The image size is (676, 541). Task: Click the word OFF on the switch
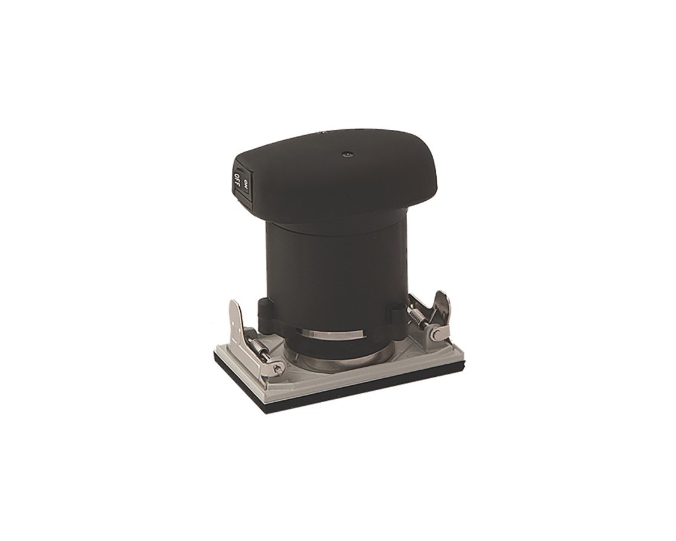(x=237, y=179)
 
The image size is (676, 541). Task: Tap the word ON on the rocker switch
(x=246, y=184)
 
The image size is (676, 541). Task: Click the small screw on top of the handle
(x=345, y=154)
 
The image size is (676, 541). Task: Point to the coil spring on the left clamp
(x=259, y=345)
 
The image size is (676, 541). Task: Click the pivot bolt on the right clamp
(x=436, y=333)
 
